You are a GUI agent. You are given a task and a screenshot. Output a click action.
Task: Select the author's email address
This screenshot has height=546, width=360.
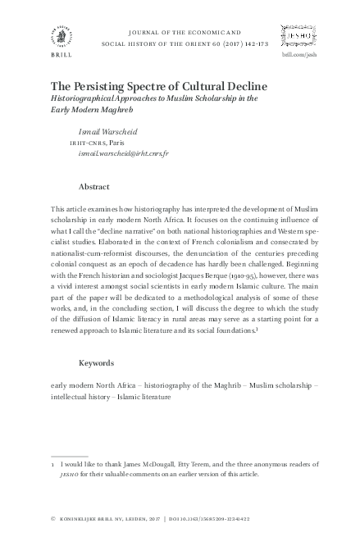123,153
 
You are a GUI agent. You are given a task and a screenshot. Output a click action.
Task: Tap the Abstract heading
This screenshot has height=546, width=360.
93,187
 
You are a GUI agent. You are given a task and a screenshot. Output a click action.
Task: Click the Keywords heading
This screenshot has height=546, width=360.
96,362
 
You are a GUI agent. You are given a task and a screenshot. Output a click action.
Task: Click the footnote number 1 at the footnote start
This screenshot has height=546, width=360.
53,464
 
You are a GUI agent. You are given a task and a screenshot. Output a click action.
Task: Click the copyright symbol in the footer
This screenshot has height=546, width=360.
53,519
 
